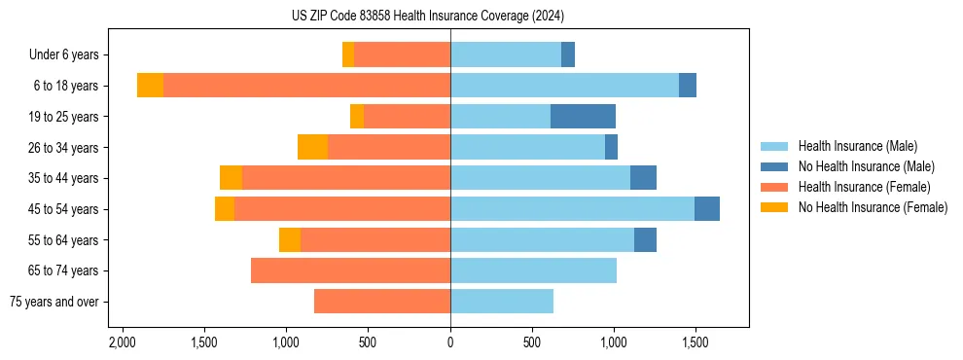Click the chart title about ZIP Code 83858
coord(427,17)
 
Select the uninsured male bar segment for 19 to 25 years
coord(583,117)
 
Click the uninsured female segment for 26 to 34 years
coord(312,147)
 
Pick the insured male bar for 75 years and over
coord(502,302)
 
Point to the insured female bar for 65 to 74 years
coord(350,270)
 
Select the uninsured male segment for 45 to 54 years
coord(707,209)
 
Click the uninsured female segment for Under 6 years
coord(348,54)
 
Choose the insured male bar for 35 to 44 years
coord(540,178)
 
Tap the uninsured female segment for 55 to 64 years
coord(290,240)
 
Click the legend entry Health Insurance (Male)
coord(857,146)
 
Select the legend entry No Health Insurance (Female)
coord(873,207)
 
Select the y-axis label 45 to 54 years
coord(64,209)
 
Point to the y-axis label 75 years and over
coord(54,302)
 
